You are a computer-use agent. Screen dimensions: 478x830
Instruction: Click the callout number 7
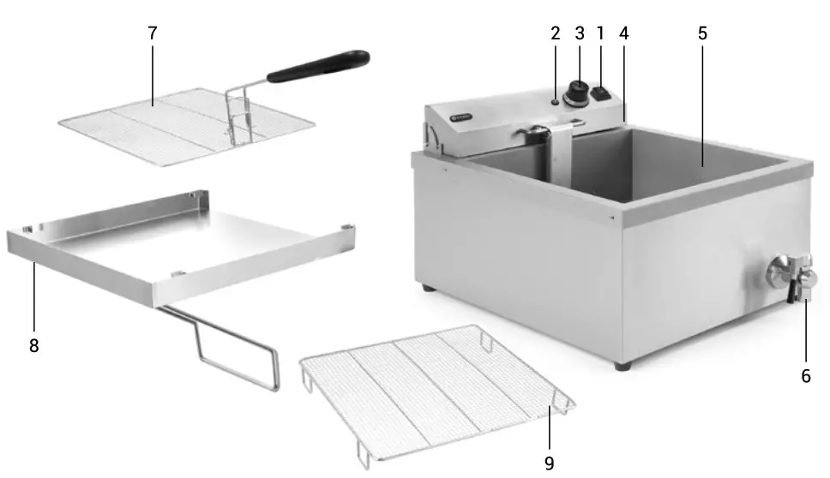tap(153, 33)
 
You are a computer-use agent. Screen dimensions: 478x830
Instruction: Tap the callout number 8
tap(33, 345)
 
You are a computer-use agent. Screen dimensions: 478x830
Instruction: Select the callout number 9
tap(549, 463)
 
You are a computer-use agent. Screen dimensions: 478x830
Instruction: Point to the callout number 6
tap(806, 374)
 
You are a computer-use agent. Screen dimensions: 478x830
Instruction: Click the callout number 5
tap(702, 33)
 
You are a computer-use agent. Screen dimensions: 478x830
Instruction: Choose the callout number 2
tap(555, 33)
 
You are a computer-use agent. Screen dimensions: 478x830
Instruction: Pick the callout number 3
tap(579, 33)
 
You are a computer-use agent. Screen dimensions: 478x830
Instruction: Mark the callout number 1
tap(600, 33)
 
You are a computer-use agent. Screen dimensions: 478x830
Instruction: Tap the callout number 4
tap(623, 33)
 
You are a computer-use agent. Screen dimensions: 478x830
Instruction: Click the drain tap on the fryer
tap(793, 278)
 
